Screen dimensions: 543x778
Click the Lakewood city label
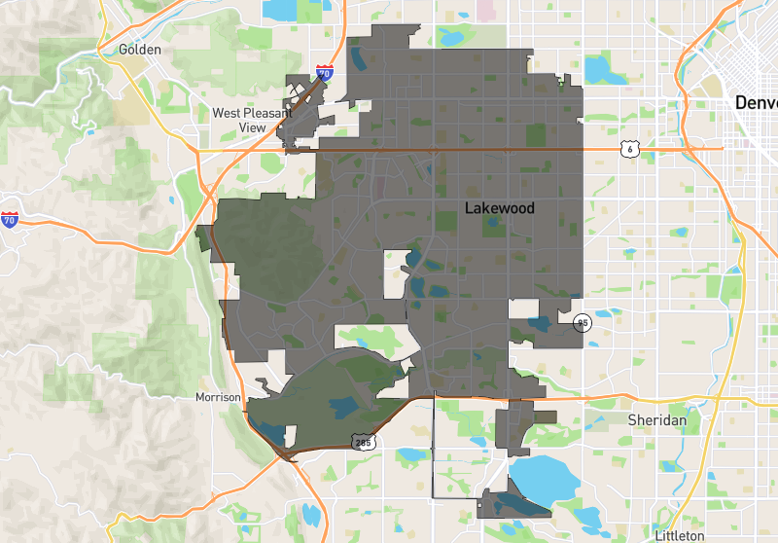tap(499, 208)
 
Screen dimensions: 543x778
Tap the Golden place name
tap(139, 49)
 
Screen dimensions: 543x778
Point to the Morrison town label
tap(217, 398)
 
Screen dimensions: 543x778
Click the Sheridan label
tap(656, 419)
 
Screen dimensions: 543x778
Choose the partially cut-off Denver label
tap(756, 102)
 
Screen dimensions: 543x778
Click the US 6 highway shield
tap(629, 148)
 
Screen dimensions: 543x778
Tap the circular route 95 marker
tap(583, 323)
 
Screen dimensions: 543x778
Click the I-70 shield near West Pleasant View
tap(325, 72)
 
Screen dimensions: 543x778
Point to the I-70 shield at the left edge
tap(10, 220)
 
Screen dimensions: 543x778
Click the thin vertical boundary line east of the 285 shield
tap(433, 448)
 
